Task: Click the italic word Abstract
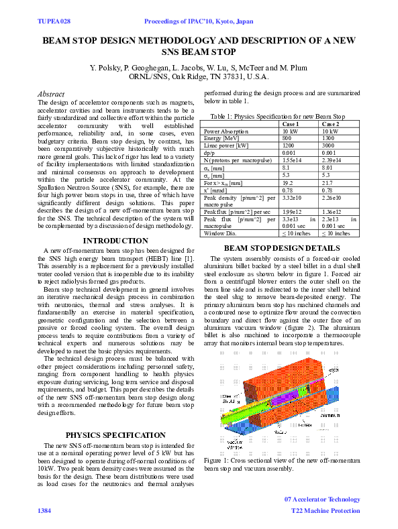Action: tap(51, 94)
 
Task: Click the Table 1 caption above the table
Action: tap(281, 117)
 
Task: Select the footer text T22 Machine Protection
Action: tap(326, 511)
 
